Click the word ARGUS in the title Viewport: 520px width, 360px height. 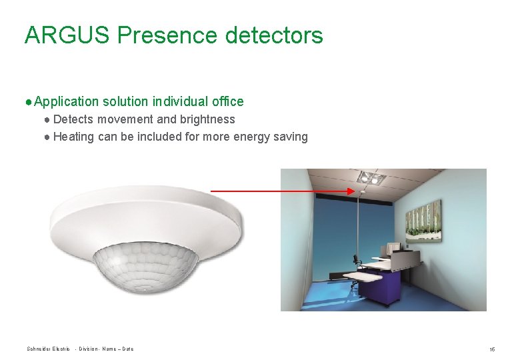tap(67, 35)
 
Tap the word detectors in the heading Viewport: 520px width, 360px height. tap(274, 35)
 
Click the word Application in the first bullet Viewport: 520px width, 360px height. tap(66, 101)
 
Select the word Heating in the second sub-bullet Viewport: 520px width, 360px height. tap(73, 137)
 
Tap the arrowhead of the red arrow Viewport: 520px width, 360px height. tap(352, 191)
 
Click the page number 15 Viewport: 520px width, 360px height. tap(492, 349)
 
